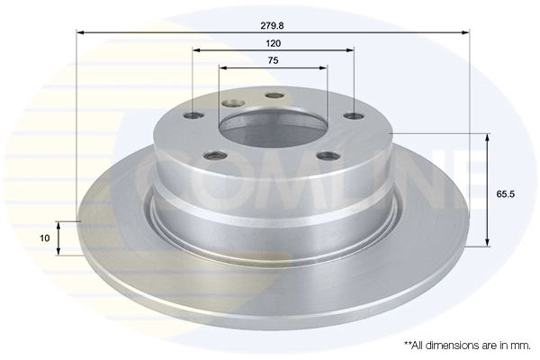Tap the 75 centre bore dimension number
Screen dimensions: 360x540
(x=273, y=60)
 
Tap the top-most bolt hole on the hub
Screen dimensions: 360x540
(x=274, y=96)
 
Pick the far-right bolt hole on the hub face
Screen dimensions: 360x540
(x=354, y=115)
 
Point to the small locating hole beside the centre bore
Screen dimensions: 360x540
(x=234, y=103)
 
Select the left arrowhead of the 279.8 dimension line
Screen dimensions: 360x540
(x=80, y=31)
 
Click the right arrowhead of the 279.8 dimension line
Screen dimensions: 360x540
(x=466, y=31)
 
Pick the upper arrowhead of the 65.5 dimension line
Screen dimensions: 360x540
(x=489, y=138)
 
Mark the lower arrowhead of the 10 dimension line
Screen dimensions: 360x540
(x=59, y=251)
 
